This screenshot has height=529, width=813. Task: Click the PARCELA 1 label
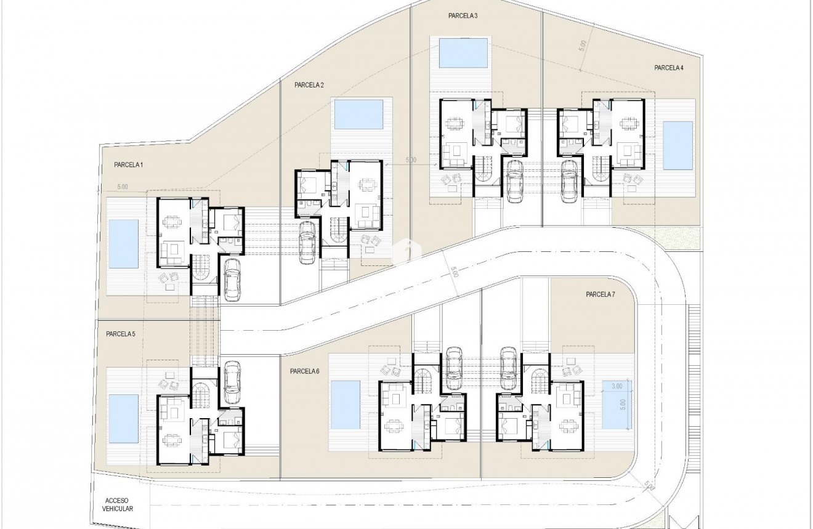128,165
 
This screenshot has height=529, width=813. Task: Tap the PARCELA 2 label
309,85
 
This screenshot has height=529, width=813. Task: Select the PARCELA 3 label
463,15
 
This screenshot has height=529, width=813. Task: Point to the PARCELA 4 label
669,68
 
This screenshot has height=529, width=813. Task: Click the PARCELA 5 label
120,334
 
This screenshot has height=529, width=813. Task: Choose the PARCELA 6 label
305,371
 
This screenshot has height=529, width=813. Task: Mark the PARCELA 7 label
601,294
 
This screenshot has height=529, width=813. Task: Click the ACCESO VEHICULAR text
119,505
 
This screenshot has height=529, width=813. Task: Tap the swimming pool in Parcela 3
464,53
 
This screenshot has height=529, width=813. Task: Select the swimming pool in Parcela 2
358,115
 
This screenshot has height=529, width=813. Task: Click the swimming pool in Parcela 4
678,146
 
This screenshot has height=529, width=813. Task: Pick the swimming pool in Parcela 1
124,244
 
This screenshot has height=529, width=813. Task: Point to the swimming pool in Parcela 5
124,419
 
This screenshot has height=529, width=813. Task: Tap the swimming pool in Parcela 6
345,405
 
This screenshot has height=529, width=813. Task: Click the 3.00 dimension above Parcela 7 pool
617,386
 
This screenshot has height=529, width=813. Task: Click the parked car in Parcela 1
232,279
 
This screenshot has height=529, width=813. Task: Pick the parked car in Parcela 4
569,180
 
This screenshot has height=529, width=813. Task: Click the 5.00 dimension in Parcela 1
122,186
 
